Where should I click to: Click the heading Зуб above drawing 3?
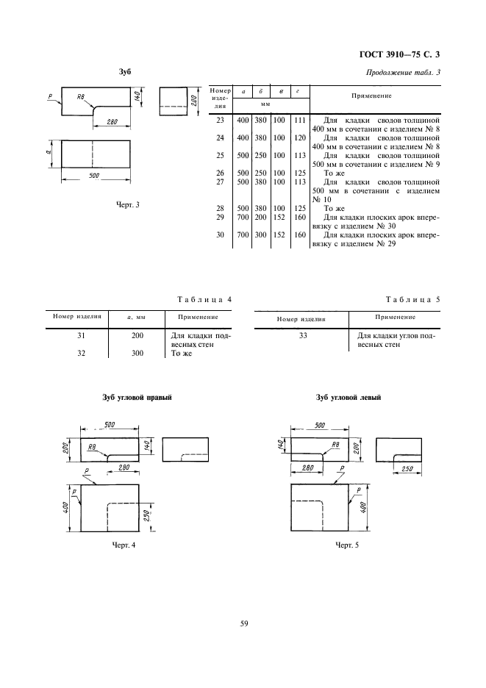click(125, 72)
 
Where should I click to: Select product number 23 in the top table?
click(218, 118)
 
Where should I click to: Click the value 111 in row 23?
click(299, 118)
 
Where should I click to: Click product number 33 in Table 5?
click(302, 336)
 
